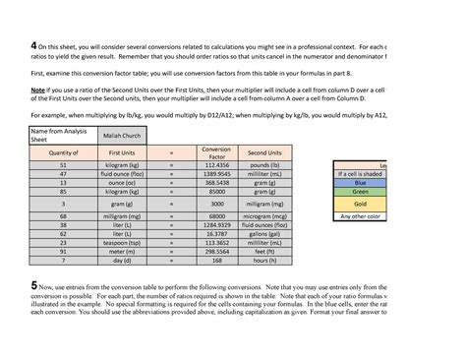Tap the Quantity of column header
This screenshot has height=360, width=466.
click(63, 152)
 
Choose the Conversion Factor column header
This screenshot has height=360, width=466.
click(216, 152)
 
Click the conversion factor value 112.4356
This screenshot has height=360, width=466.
click(216, 165)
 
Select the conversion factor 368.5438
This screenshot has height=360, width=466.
click(216, 183)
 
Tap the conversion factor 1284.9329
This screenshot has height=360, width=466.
click(216, 225)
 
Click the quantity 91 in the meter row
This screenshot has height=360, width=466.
click(63, 252)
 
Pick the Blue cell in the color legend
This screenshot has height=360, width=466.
click(361, 183)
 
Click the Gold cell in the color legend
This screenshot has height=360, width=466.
click(361, 203)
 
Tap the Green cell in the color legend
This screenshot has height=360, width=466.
click(361, 192)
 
